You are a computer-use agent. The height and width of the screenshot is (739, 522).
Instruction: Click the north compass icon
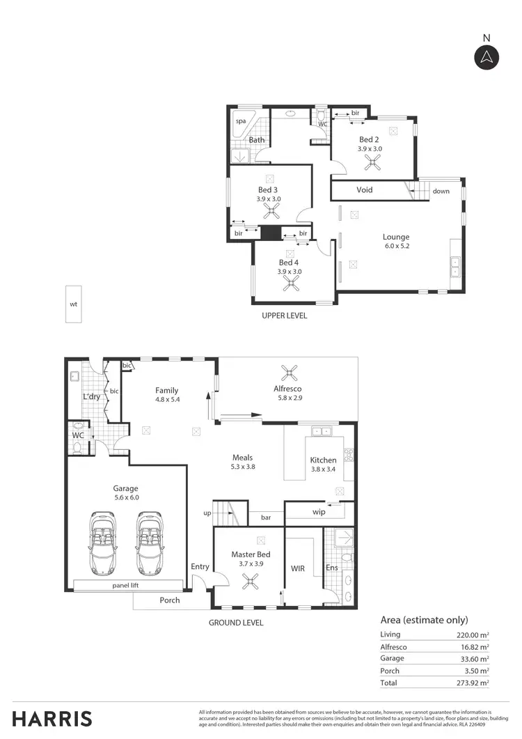[x=487, y=56]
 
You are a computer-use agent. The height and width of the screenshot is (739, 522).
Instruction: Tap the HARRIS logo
[x=52, y=718]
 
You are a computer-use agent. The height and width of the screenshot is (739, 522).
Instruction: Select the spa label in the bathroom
[x=241, y=121]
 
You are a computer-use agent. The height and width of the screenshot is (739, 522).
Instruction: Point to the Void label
[x=364, y=190]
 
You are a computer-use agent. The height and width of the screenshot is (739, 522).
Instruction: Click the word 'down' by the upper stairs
[x=441, y=191]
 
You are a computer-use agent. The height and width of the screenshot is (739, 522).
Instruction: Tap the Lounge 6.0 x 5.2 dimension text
[x=397, y=246]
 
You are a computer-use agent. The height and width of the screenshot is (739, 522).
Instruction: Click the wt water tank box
[x=74, y=304]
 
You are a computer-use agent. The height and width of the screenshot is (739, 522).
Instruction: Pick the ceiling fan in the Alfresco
[x=287, y=371]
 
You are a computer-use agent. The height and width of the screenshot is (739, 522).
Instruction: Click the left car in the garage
[x=102, y=543]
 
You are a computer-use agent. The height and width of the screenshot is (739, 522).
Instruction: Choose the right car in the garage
[x=150, y=543]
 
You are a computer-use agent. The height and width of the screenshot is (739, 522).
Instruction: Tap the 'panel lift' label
[x=126, y=586]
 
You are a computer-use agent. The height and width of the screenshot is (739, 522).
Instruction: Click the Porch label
[x=170, y=600]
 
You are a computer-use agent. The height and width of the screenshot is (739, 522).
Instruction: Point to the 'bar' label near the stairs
[x=265, y=518]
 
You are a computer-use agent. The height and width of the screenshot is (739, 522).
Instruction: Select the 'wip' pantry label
[x=319, y=511]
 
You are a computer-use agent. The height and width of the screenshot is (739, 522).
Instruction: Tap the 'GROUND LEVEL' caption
[x=236, y=623]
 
